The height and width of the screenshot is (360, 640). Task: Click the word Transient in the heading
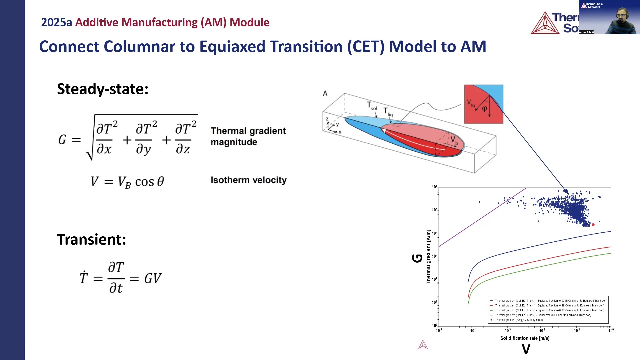pos(92,240)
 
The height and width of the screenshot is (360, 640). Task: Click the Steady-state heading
pos(103,89)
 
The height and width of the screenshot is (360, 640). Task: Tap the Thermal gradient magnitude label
pos(248,136)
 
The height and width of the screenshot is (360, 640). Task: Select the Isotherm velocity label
pos(248,180)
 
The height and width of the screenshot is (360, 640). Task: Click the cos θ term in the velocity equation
pos(150,182)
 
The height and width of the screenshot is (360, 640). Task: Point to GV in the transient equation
pos(153,278)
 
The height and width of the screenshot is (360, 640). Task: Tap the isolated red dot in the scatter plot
pos(593,225)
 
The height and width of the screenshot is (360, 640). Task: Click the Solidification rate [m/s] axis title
pos(525,338)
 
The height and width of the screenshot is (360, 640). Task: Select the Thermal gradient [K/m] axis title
pos(428,257)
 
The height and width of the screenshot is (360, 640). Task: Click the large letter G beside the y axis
pos(417,258)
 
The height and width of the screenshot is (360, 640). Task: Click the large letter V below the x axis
pos(526,349)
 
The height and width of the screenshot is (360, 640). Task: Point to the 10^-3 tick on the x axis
pos(508,331)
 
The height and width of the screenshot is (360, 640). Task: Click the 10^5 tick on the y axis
pos(434,256)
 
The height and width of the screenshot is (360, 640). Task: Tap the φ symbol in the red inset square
pos(485,109)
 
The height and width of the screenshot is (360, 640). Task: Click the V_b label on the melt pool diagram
pos(454,140)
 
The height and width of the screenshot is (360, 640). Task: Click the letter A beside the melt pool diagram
pos(325,94)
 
